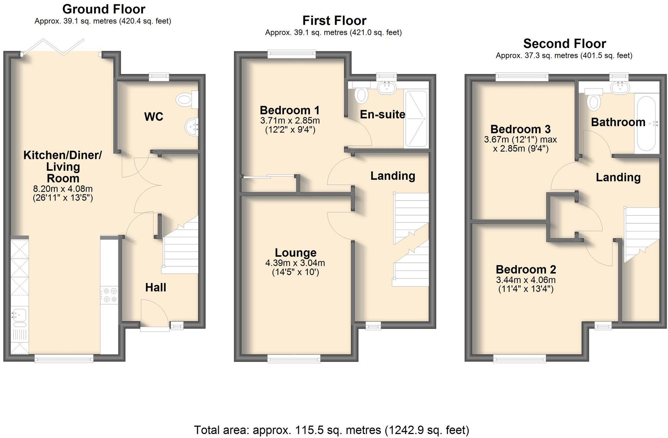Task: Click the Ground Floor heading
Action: (104, 9)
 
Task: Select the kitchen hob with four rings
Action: (109, 295)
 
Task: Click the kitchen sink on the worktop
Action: (18, 315)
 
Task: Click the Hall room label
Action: (156, 287)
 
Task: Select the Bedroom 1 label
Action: (290, 110)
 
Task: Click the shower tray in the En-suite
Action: (416, 119)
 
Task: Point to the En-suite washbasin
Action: (387, 87)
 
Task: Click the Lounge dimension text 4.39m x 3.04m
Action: (295, 263)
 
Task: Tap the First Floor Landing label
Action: (393, 176)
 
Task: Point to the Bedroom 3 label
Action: (520, 129)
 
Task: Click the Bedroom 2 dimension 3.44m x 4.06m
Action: (526, 280)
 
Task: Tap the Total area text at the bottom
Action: (331, 430)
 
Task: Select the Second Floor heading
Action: (564, 44)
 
